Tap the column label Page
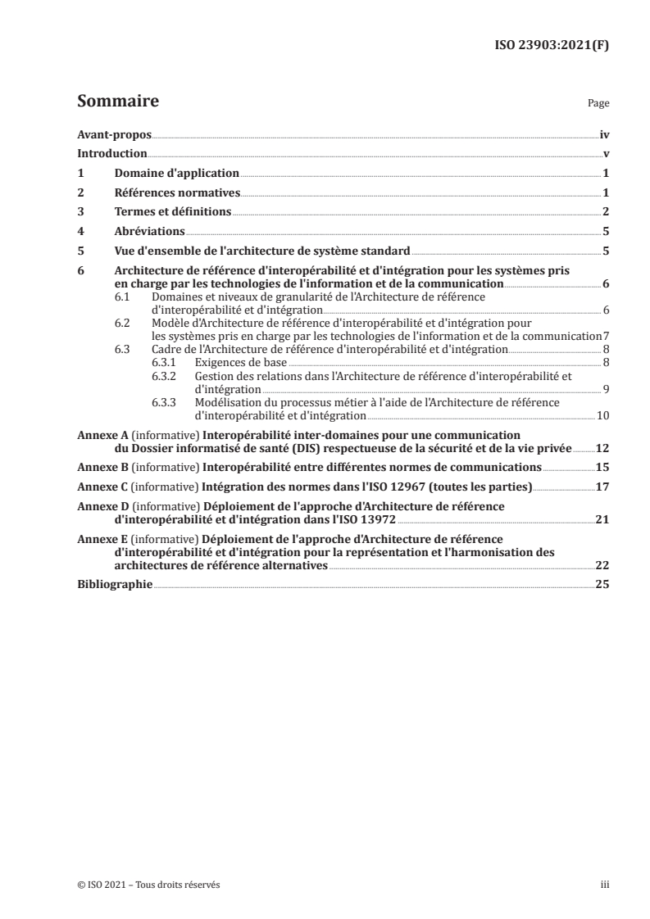point(598,105)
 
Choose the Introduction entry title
point(111,153)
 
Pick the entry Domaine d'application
point(177,174)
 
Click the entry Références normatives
point(177,193)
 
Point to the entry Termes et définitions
point(173,212)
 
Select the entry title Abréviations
point(149,232)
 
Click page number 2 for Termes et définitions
point(605,212)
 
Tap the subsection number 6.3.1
point(165,361)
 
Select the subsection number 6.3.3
point(165,402)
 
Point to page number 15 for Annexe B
point(602,468)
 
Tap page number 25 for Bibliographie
point(602,585)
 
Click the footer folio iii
point(605,885)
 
